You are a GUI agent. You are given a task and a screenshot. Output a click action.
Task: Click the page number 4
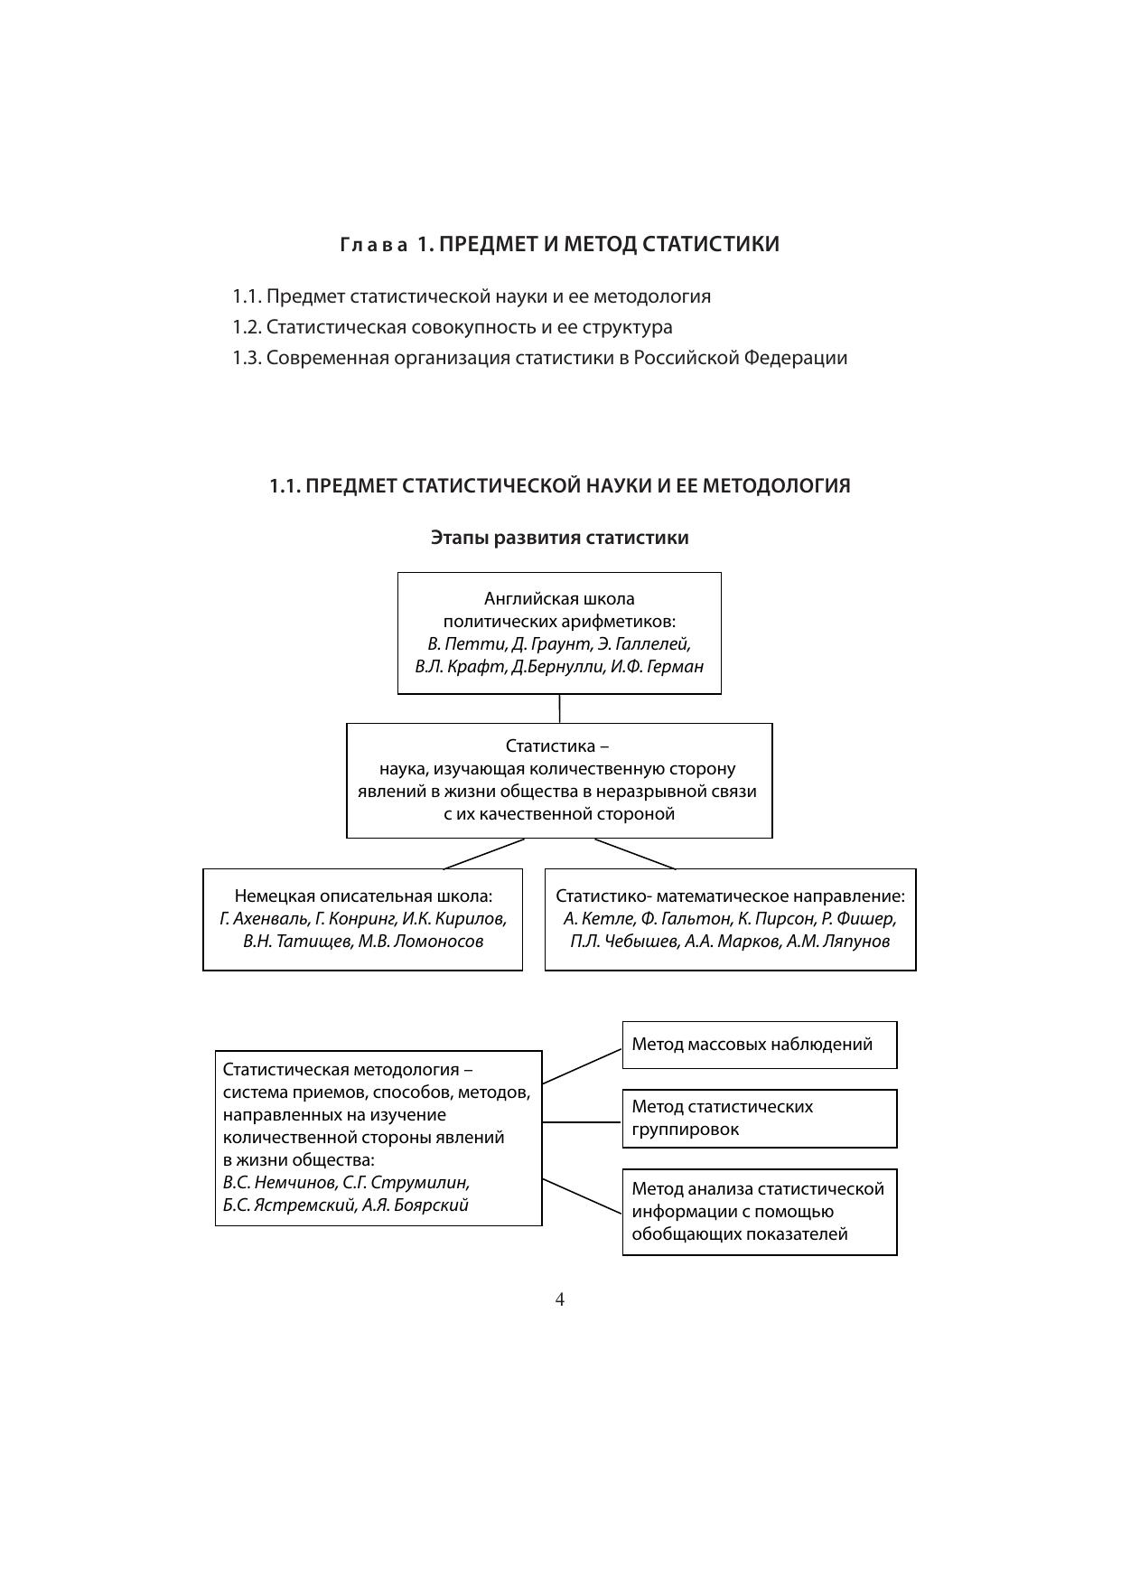click(x=559, y=1299)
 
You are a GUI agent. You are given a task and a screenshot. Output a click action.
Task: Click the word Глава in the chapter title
click(x=374, y=245)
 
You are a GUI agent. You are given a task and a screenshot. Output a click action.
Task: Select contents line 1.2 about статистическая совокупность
click(x=452, y=327)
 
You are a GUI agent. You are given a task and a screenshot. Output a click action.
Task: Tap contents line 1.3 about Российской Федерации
click(x=539, y=358)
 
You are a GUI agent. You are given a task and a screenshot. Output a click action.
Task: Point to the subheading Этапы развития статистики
click(x=559, y=538)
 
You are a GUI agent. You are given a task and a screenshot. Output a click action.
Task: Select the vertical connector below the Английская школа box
click(x=559, y=708)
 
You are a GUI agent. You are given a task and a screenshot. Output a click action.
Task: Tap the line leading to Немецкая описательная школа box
click(x=484, y=854)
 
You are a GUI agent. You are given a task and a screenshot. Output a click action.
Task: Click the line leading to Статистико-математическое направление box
click(x=635, y=854)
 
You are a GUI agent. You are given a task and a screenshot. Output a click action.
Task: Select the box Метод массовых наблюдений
click(x=759, y=1045)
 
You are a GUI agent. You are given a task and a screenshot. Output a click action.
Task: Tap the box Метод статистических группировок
click(x=759, y=1118)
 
